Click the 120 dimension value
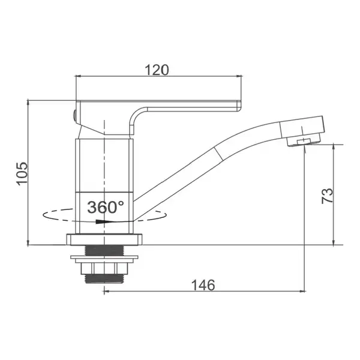point(157,70)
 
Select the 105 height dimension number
point(22,173)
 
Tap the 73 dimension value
point(327,196)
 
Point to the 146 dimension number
point(203,285)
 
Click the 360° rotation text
point(106,207)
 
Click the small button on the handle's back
point(74,115)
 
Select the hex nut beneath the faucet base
point(104,268)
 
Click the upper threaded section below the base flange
point(104,250)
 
